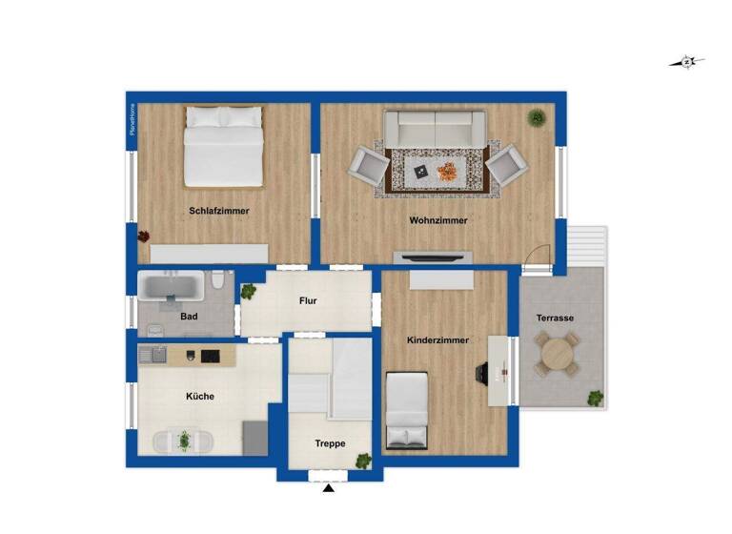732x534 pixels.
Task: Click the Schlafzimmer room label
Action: tap(219, 211)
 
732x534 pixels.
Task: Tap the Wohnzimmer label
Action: tap(438, 220)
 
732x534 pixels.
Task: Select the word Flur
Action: tap(308, 301)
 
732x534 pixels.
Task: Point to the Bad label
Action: tap(189, 316)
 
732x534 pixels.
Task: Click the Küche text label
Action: tap(200, 397)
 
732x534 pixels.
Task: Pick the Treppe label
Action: tap(330, 443)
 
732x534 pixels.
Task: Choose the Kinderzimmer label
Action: tap(437, 339)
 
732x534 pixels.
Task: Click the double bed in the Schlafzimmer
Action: tap(223, 146)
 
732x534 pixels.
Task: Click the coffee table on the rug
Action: tap(436, 172)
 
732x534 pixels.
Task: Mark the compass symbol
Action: tap(687, 63)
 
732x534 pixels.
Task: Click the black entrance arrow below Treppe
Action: tap(329, 488)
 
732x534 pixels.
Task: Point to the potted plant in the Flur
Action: tap(249, 291)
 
